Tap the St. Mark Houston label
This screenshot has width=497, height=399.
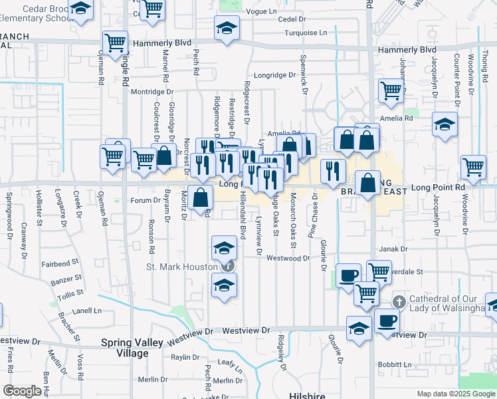(181, 267)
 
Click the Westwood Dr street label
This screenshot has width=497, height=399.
(288, 258)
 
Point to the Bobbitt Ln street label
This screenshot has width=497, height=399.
(393, 364)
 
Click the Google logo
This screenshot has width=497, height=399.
(22, 391)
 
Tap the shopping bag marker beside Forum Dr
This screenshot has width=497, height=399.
(200, 197)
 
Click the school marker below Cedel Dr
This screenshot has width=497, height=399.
(227, 29)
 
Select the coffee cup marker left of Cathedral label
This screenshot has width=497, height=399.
(386, 321)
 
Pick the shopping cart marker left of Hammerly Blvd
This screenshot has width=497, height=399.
(116, 43)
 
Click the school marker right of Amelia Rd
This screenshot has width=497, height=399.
(444, 124)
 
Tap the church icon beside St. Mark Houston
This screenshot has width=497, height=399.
(228, 267)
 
